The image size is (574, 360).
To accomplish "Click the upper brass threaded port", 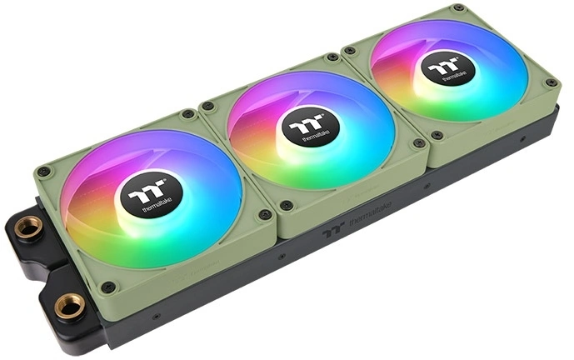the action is pos(28,227).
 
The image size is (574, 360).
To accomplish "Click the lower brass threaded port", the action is pos(69,306).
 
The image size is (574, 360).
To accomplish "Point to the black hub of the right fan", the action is pos(447,68).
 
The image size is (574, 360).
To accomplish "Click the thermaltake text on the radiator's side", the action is pos(370,212).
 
